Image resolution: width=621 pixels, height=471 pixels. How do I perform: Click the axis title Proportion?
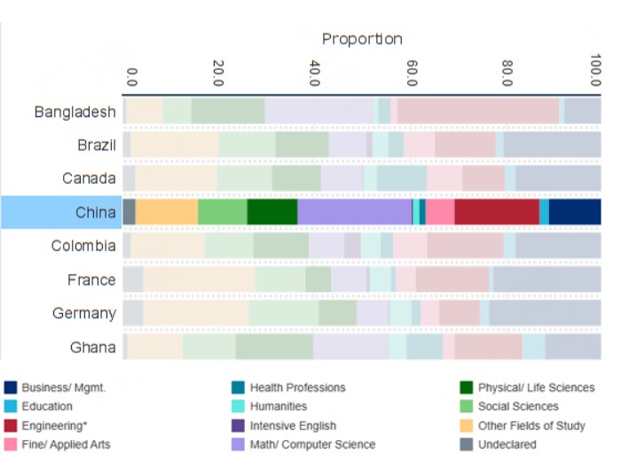point(362,39)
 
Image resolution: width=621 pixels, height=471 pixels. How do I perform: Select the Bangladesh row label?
point(75,112)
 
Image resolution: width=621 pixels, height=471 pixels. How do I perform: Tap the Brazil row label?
point(96,145)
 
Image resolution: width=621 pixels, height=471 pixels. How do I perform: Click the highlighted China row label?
point(96,212)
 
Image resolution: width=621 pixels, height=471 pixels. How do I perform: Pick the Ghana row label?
point(93,347)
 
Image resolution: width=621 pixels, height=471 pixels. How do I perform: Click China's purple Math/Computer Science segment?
point(355,212)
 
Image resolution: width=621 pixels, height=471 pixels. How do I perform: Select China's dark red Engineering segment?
point(497,212)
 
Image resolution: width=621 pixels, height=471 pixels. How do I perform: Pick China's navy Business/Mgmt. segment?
point(574,212)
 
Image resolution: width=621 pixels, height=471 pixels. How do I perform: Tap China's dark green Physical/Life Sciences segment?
point(272,212)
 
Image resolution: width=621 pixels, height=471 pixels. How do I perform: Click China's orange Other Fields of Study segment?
point(167,212)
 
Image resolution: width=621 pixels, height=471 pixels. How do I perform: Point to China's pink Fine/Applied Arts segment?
point(440,212)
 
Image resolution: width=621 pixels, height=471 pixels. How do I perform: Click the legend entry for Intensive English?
point(292,426)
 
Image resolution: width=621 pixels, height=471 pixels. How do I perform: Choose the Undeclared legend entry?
point(506,444)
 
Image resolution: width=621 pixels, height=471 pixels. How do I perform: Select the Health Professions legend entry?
point(297,388)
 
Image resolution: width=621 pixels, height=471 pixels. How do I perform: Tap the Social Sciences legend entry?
point(518,406)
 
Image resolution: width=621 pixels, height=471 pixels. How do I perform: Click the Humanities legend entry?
point(279,406)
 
